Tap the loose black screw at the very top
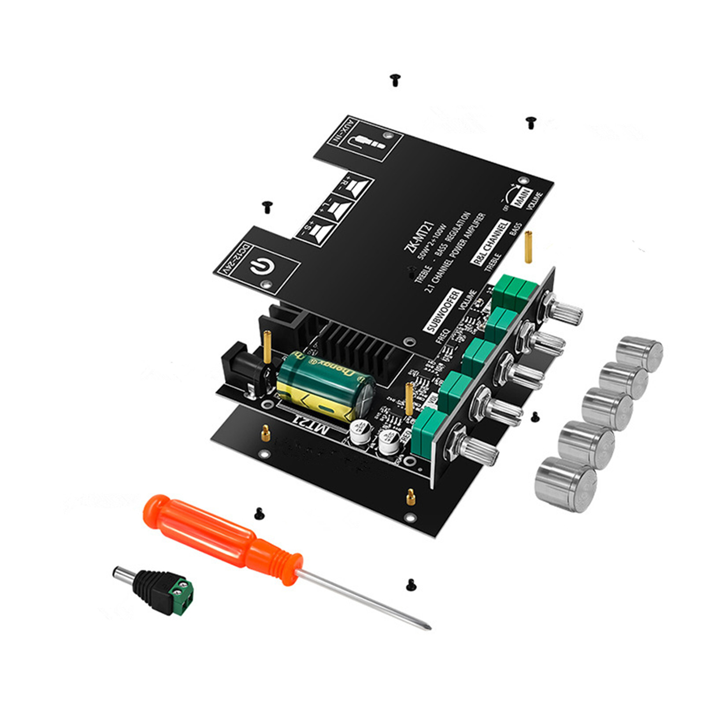click(x=395, y=80)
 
